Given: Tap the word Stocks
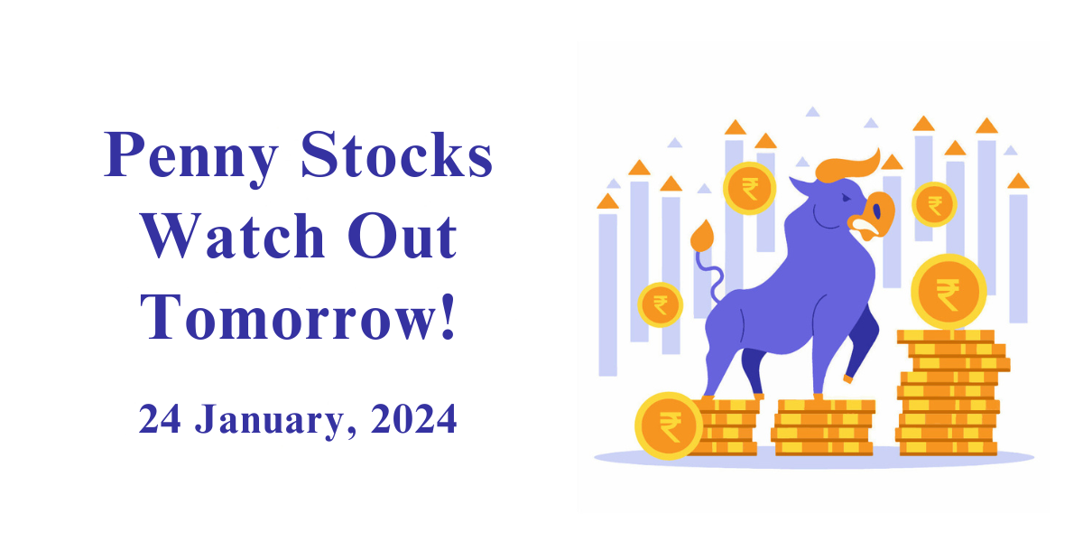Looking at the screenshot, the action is pos(396,154).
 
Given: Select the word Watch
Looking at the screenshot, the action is pos(233,236).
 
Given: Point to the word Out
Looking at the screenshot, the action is pos(403,236).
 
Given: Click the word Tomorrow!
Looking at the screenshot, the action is pos(297,317).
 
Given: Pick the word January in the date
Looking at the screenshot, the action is pos(275,420).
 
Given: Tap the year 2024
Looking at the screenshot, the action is pos(414,418).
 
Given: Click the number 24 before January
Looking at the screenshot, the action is pos(160,418).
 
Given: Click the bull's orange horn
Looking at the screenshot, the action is pos(847,167).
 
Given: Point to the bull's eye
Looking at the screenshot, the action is pos(846,198).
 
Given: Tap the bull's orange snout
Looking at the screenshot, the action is pos(873,216).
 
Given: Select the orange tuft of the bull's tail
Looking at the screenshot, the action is pos(702,236).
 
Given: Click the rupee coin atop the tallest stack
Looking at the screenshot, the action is pos(949,292).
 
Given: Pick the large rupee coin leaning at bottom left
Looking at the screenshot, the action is pos(669,425).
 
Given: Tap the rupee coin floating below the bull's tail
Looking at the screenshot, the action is pos(661,305).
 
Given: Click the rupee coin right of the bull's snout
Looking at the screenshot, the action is pos(934,204).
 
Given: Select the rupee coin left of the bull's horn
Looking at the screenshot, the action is pos(749,188).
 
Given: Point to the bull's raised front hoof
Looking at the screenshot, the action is pos(847,378).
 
